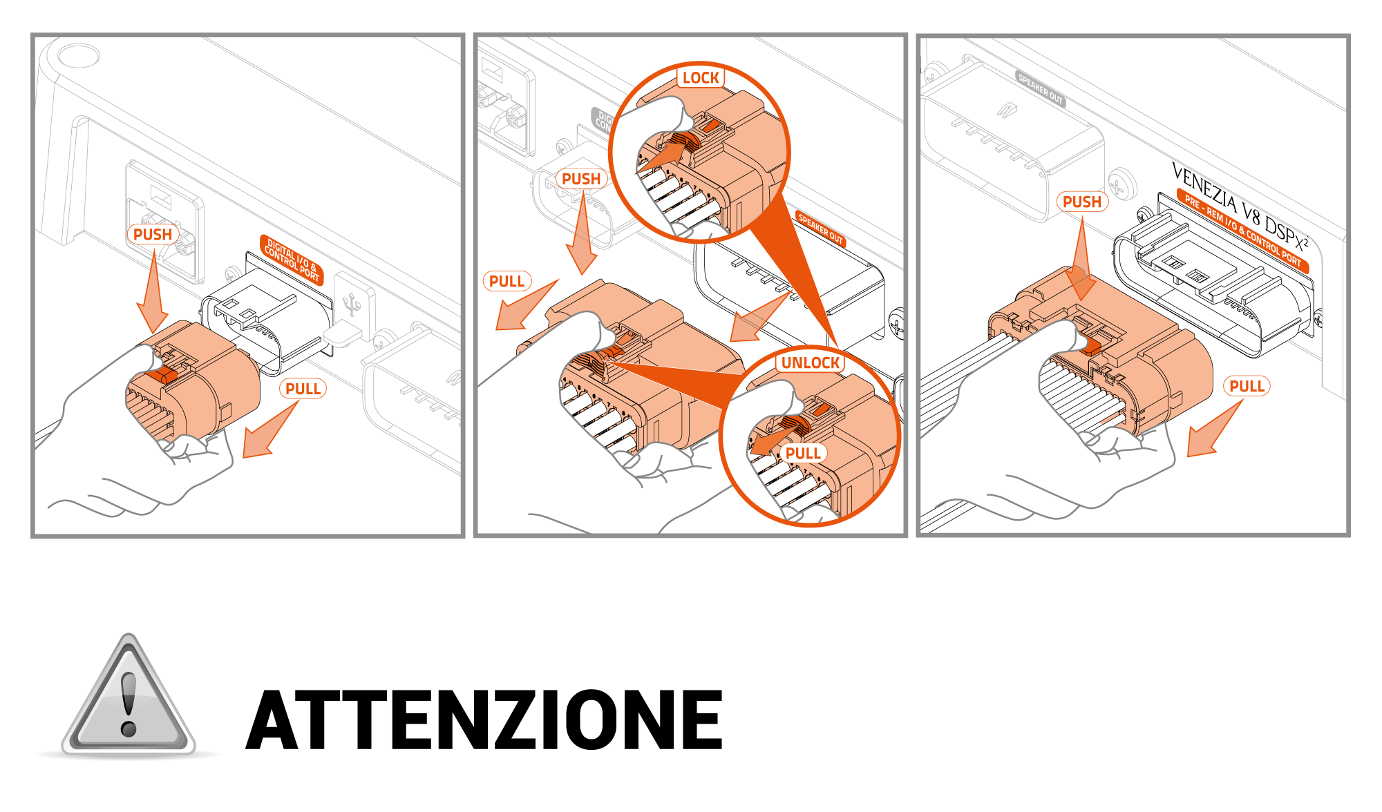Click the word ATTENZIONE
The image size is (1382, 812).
[484, 719]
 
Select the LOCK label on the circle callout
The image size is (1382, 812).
[701, 78]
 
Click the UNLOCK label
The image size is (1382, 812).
[811, 363]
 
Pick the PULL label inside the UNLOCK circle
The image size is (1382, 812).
[803, 454]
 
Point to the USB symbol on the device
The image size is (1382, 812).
[353, 303]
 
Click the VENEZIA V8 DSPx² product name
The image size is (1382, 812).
[1240, 206]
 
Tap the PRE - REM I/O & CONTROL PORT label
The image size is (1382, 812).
[1242, 231]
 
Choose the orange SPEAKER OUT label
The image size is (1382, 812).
[821, 229]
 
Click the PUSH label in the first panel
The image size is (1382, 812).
[153, 235]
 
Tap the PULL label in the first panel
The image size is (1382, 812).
[303, 389]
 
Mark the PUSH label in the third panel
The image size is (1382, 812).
[1082, 202]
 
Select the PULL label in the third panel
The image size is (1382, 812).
[1247, 386]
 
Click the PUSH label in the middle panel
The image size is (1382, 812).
[581, 179]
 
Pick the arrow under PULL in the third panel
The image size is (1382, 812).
[1215, 428]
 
